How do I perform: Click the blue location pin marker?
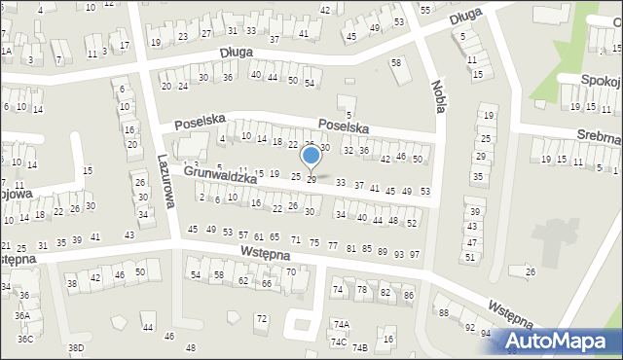[x=311, y=158]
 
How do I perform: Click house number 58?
[x=396, y=63]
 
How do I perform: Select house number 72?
[x=261, y=319]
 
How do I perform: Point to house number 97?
[x=414, y=254]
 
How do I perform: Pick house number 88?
[x=443, y=312]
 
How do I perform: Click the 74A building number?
[x=341, y=325]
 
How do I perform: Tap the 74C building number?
[x=338, y=342]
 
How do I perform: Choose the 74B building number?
[x=359, y=347]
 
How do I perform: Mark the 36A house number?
[x=21, y=315]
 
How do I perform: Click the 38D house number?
[x=75, y=347]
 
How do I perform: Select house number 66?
[x=266, y=283]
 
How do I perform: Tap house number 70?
[x=291, y=271]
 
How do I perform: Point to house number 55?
[x=425, y=9]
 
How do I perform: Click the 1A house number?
[x=6, y=51]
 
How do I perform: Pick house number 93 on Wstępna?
[x=398, y=254]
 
